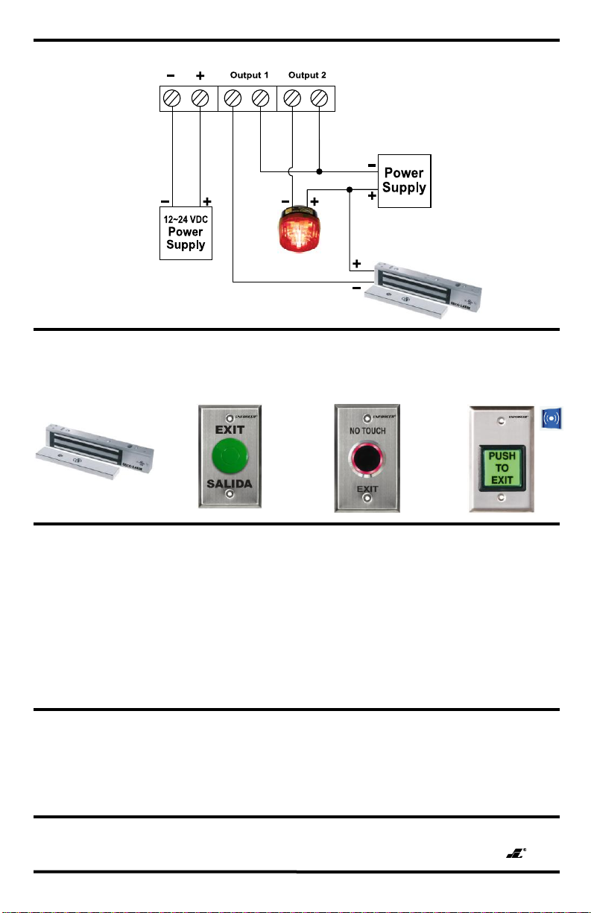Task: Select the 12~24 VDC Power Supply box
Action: pos(186,233)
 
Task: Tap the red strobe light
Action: pos(298,229)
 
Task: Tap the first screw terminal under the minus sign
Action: pos(173,98)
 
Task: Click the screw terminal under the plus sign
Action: pos(200,98)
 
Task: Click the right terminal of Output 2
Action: pos(319,98)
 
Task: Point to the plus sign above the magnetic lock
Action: pos(357,264)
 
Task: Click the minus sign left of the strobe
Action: pos(285,201)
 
